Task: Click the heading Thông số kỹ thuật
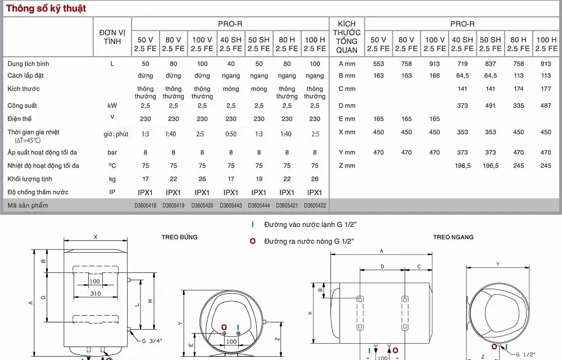point(46,8)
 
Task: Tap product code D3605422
point(315,206)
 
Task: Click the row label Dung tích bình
point(29,63)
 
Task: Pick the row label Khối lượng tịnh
point(30,179)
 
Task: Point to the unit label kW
point(112,106)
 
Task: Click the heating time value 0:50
point(231,134)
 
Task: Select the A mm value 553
point(378,63)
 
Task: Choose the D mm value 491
point(491,106)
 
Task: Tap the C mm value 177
point(546,89)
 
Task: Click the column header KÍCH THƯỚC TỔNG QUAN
point(347,37)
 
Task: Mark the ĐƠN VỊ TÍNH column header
point(112,37)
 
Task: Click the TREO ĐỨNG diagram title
point(179,237)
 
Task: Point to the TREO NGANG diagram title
point(453,237)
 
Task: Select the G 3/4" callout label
point(152,341)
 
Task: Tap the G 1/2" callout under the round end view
point(526,354)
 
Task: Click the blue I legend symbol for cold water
point(253,225)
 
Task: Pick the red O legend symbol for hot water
point(253,241)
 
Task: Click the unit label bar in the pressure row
point(112,153)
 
